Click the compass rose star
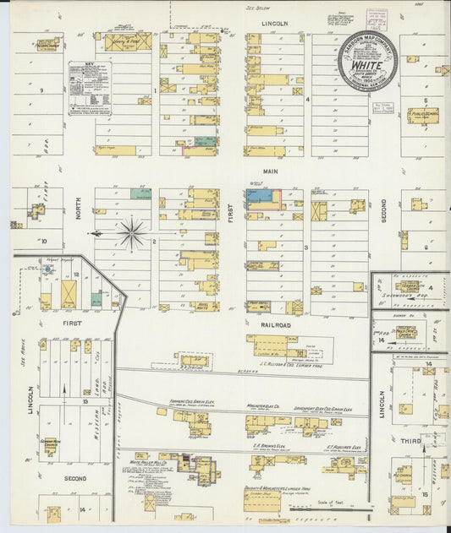pyautogui.click(x=132, y=233)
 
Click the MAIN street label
pyautogui.click(x=271, y=171)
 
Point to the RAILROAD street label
pyautogui.click(x=272, y=324)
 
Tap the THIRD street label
pyautogui.click(x=410, y=441)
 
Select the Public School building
pyautogui.click(x=422, y=113)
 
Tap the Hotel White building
pyautogui.click(x=204, y=307)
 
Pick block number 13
pyautogui.click(x=85, y=401)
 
